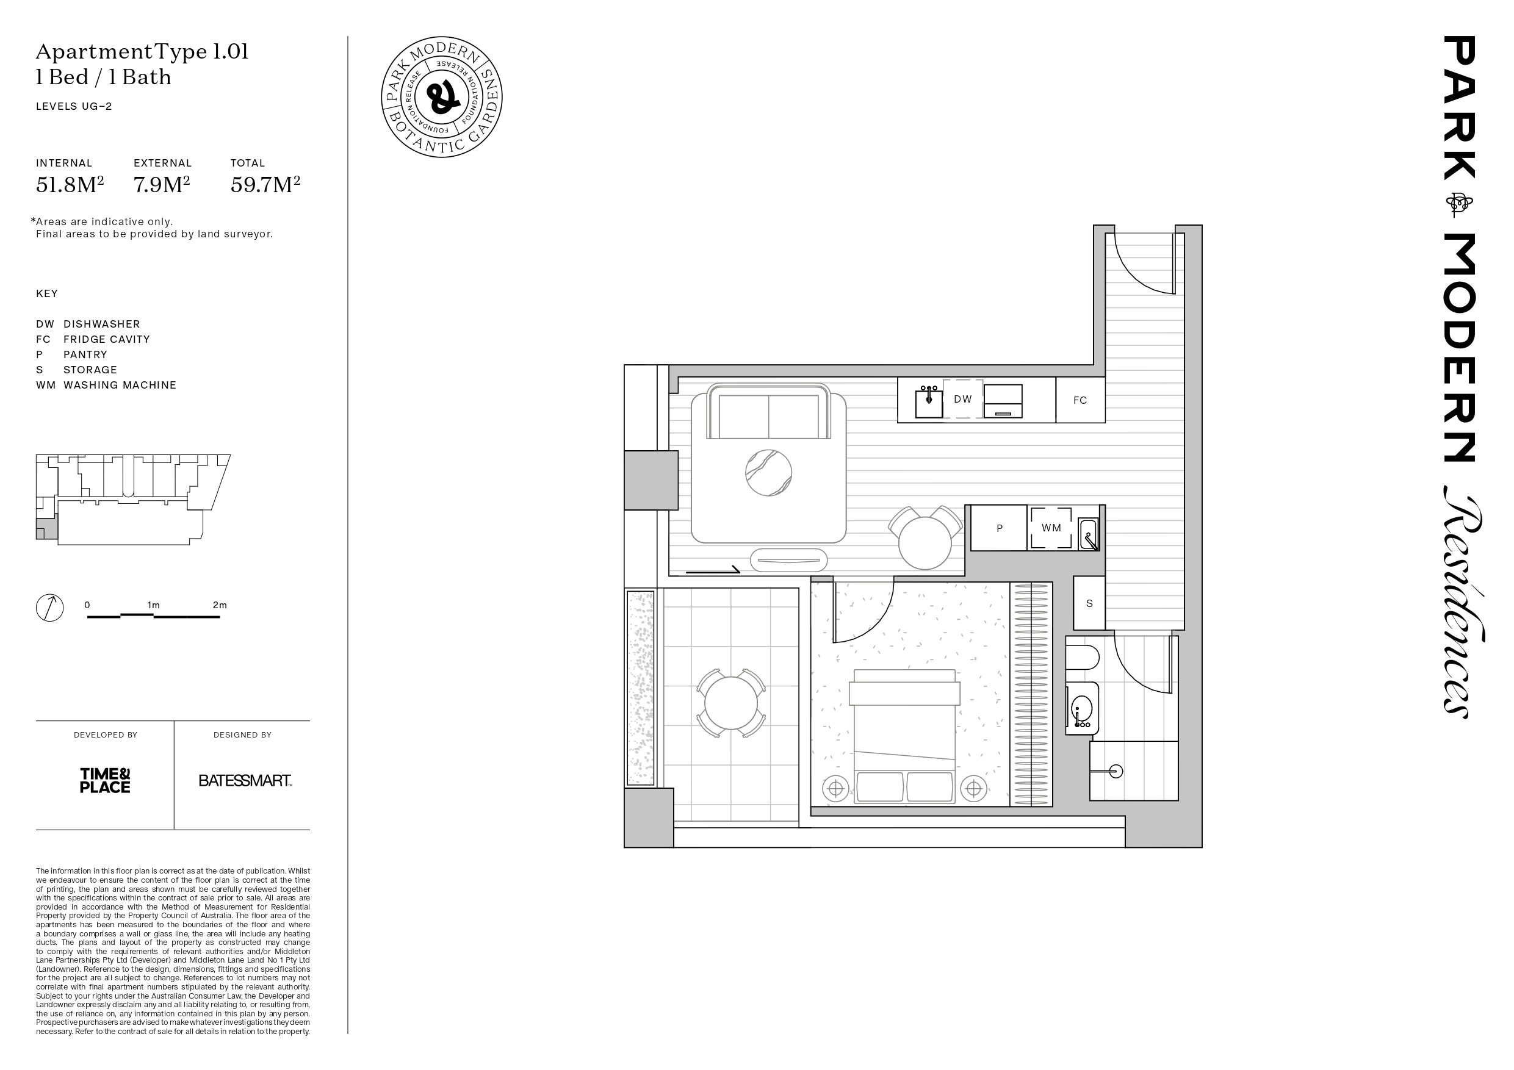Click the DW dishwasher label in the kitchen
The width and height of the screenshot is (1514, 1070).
[x=963, y=399]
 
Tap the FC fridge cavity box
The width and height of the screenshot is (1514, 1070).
[x=1080, y=400]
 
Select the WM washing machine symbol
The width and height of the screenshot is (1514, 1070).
[x=1051, y=528]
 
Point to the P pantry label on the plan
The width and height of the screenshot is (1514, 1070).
[x=1000, y=528]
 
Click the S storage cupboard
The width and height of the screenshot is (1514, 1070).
[x=1089, y=603]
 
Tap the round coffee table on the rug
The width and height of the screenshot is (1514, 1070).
[x=768, y=473]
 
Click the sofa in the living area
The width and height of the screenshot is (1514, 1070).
[x=768, y=411]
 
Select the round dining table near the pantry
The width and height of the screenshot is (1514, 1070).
[x=925, y=542]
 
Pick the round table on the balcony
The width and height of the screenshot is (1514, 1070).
[x=730, y=703]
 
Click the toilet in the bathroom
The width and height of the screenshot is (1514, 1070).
[x=1083, y=657]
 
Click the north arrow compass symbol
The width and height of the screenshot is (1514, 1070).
[x=49, y=608]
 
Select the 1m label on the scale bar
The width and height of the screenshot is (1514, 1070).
[x=153, y=605]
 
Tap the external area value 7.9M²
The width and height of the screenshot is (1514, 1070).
[x=162, y=185]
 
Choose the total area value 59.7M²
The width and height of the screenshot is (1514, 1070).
[x=265, y=185]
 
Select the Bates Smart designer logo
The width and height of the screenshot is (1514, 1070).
[x=245, y=781]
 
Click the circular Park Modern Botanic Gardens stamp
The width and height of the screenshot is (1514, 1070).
[x=442, y=97]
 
